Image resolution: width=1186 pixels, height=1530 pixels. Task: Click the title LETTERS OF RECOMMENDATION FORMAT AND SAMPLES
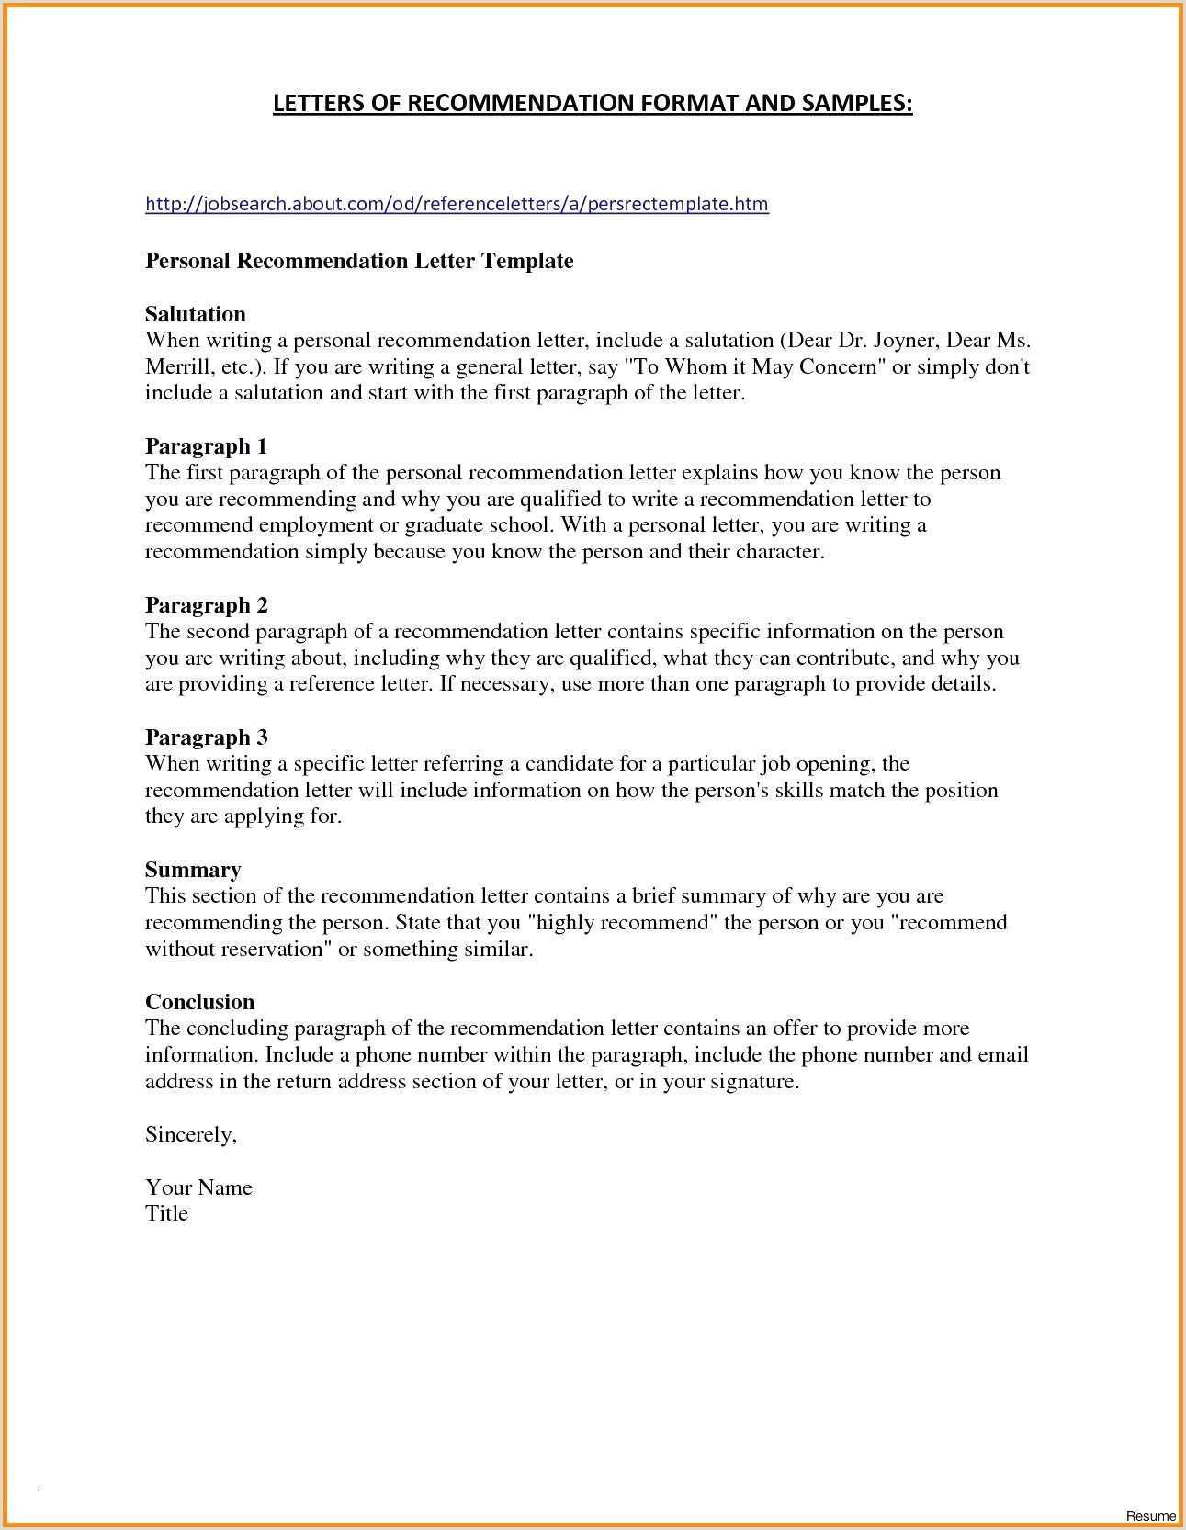tap(593, 103)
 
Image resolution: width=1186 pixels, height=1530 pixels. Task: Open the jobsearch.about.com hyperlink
tap(457, 204)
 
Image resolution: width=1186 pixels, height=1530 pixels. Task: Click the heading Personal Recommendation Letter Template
tap(359, 261)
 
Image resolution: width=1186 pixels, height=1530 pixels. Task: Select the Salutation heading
tap(196, 314)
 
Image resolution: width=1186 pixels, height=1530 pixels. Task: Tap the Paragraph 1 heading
tap(206, 446)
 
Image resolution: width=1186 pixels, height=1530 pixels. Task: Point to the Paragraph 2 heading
tap(206, 605)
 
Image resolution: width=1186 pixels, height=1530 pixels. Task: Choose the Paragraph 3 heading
tap(206, 737)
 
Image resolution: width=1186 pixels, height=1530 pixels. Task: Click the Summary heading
tap(193, 870)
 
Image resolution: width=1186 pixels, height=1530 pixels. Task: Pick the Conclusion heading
tap(199, 1002)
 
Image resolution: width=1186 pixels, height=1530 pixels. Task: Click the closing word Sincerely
tap(191, 1135)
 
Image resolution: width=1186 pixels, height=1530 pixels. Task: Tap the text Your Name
tap(198, 1187)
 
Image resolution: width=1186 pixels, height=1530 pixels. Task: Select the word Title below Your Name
tap(166, 1213)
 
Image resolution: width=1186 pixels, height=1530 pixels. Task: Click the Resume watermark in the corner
tap(1151, 1515)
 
